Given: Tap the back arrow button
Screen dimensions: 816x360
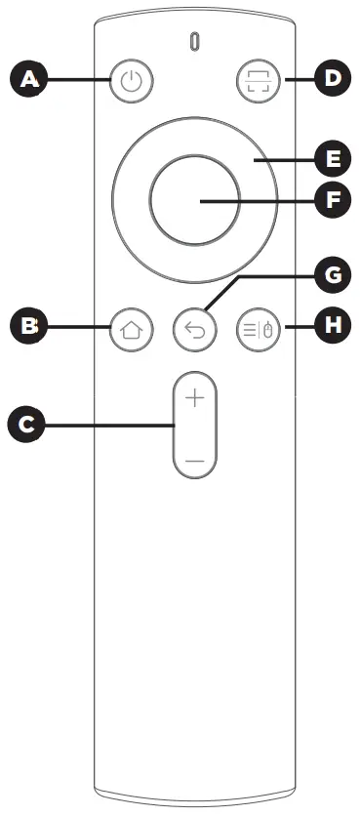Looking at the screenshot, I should click(194, 330).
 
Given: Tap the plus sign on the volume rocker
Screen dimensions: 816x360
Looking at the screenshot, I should click(195, 399).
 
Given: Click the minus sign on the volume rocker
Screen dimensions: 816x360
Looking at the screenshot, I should click(195, 458).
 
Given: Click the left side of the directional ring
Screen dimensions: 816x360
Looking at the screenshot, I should click(130, 200).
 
